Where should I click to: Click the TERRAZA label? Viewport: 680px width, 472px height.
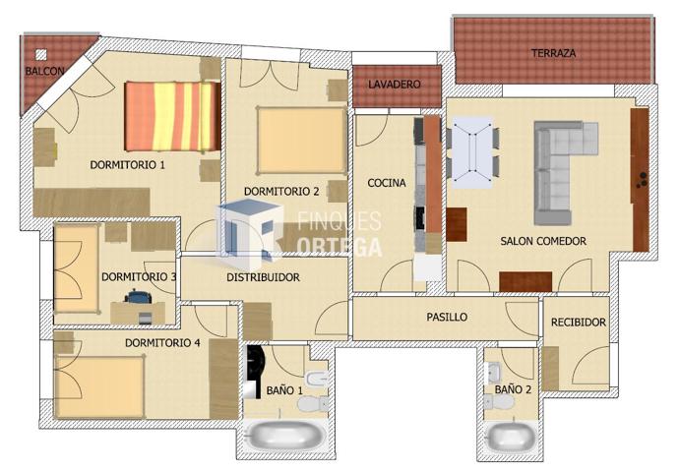[x=553, y=53]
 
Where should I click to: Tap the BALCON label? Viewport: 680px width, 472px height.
[x=45, y=72]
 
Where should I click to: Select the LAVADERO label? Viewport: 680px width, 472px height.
[x=394, y=86]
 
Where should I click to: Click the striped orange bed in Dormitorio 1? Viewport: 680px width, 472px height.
[x=171, y=116]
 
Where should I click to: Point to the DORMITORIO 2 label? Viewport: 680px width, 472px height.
[x=280, y=191]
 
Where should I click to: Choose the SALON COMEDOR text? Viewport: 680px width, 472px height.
[x=543, y=241]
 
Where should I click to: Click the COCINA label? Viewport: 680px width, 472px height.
[x=387, y=184]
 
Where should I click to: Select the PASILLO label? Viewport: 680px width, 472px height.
[x=446, y=318]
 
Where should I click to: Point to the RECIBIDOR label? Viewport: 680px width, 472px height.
[x=578, y=322]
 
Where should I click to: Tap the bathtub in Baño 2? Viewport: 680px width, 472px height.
[x=512, y=436]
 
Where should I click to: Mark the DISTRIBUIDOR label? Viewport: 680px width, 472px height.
[x=263, y=278]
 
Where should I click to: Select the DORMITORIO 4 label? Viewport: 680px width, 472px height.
[x=162, y=343]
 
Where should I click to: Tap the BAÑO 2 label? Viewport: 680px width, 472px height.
[x=513, y=390]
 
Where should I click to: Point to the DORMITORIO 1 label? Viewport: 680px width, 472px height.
[x=127, y=165]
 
